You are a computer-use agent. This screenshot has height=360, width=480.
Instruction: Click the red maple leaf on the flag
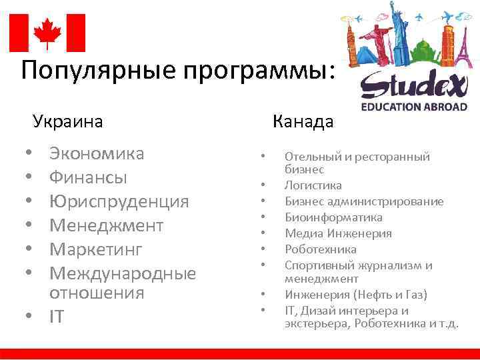(x=47, y=33)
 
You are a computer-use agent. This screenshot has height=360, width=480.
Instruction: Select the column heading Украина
(x=67, y=122)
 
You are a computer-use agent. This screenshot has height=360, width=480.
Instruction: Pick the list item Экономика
(x=97, y=154)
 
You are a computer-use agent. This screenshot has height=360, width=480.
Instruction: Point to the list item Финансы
(x=89, y=178)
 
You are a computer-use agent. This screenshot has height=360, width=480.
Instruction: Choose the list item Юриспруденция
(x=119, y=201)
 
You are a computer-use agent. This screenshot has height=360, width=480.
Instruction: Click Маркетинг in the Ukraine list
(x=97, y=249)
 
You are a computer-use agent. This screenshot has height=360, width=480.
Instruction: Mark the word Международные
(x=123, y=273)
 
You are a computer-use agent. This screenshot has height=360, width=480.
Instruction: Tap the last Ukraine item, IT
(x=57, y=317)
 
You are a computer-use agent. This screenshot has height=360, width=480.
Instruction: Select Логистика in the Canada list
(x=313, y=185)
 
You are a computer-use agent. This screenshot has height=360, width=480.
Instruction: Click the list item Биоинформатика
(x=334, y=217)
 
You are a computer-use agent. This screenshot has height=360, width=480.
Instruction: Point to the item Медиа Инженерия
(x=339, y=233)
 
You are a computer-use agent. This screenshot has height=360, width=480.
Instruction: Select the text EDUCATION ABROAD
(x=414, y=106)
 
